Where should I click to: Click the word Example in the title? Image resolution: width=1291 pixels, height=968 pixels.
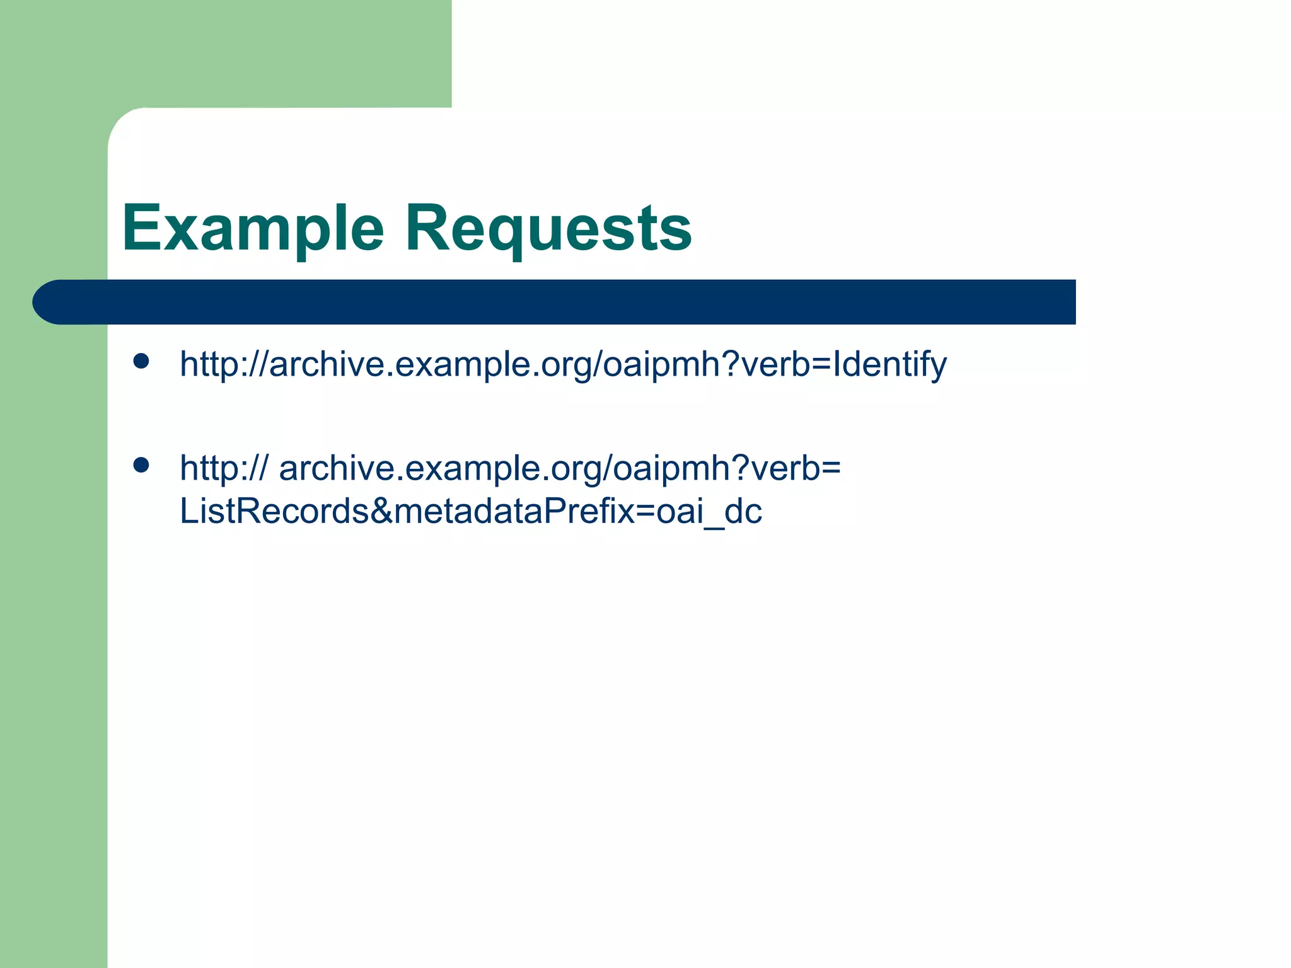point(253,228)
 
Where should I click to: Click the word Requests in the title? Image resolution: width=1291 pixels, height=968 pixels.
point(548,228)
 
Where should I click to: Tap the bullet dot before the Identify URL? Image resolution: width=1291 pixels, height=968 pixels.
point(141,361)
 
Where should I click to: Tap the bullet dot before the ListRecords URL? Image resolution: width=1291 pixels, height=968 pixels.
point(141,465)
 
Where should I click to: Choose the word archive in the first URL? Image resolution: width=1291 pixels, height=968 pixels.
point(327,364)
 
